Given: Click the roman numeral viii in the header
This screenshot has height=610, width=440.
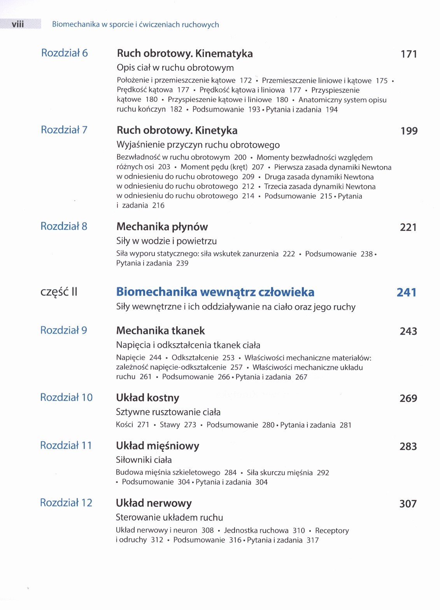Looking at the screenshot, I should tap(18, 24).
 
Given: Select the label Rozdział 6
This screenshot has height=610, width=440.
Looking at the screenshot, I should tap(64, 53).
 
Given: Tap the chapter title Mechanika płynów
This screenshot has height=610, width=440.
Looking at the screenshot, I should tap(162, 227).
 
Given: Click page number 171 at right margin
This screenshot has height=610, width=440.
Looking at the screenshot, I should tap(408, 54).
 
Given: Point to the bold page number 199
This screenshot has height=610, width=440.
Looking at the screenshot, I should tap(409, 131).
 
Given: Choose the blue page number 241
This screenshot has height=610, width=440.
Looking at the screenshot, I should tap(407, 292).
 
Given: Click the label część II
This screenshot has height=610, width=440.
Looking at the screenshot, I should tap(59, 292).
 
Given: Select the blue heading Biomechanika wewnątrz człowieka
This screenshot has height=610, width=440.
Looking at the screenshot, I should tap(215, 292).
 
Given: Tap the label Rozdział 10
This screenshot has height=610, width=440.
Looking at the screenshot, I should tap(66, 397).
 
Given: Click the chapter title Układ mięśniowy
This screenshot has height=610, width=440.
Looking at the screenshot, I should tap(157, 446).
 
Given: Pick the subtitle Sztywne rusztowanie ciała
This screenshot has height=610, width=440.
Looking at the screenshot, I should tap(168, 412).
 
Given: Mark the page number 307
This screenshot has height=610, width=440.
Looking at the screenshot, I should tap(408, 504).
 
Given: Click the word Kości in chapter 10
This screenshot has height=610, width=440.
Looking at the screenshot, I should tap(124, 425).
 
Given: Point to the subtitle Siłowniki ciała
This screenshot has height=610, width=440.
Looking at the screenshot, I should tap(144, 460).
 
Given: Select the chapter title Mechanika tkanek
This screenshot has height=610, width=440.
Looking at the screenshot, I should tap(160, 331).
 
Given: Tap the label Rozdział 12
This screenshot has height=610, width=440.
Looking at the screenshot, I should tap(66, 503).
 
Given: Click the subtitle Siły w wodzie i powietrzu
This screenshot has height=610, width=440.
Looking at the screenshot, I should tap(167, 241).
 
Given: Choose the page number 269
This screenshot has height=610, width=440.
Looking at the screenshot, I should tap(408, 399).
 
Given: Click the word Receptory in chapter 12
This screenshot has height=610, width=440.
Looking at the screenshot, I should tap(332, 531).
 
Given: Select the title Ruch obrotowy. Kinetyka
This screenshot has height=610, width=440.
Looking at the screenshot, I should tap(177, 131).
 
